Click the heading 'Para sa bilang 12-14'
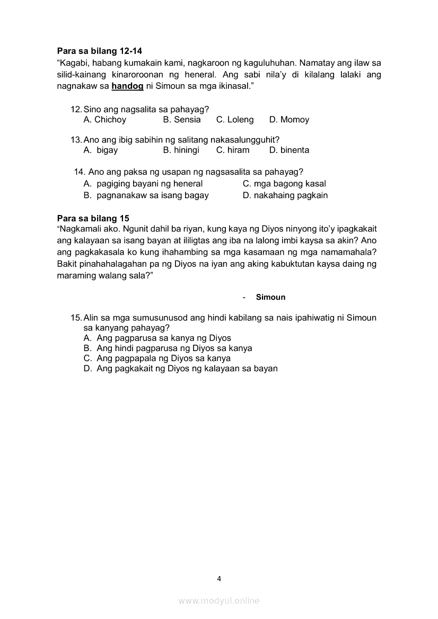99,51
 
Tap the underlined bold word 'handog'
127,86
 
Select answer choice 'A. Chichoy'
105,120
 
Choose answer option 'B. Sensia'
182,120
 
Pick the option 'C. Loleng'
235,120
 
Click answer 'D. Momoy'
289,120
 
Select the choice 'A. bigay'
101,150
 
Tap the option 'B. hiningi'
181,150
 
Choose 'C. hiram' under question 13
233,150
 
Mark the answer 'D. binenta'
289,150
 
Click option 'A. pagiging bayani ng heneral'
143,184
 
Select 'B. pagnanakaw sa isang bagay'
146,195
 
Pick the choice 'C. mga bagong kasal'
284,184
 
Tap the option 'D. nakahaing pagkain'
285,195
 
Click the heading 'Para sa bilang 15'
93,218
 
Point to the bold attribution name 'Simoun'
270,297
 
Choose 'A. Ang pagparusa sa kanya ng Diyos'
157,338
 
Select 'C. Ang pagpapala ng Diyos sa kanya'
157,358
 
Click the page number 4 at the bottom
219,578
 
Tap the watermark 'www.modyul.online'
219,600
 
